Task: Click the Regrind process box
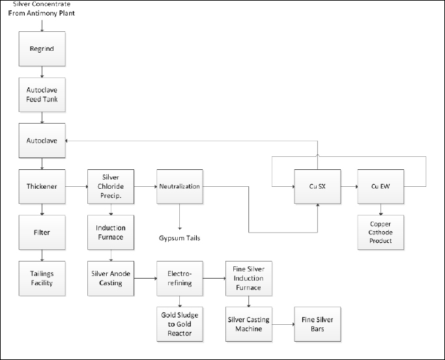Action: click(x=42, y=49)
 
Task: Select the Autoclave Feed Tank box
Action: click(x=42, y=94)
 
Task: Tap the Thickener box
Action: click(x=42, y=187)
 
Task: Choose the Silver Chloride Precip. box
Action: click(x=111, y=187)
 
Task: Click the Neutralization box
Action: click(x=180, y=187)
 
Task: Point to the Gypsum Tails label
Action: click(x=179, y=238)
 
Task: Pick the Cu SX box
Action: click(x=317, y=187)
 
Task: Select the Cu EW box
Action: click(x=380, y=187)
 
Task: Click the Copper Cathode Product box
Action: click(x=380, y=232)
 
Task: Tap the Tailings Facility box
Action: click(x=42, y=279)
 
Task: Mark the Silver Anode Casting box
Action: click(x=111, y=279)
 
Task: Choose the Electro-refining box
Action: click(x=180, y=279)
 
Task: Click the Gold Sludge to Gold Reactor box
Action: click(x=180, y=324)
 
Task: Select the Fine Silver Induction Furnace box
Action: click(x=249, y=279)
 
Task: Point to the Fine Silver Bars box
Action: click(x=317, y=324)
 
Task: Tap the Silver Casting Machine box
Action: click(x=249, y=324)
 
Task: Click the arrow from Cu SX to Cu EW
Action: click(x=349, y=187)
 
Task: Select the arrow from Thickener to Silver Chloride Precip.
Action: click(x=77, y=187)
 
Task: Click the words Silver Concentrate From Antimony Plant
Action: click(x=42, y=8)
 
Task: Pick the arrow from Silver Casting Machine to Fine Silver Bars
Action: click(x=283, y=324)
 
